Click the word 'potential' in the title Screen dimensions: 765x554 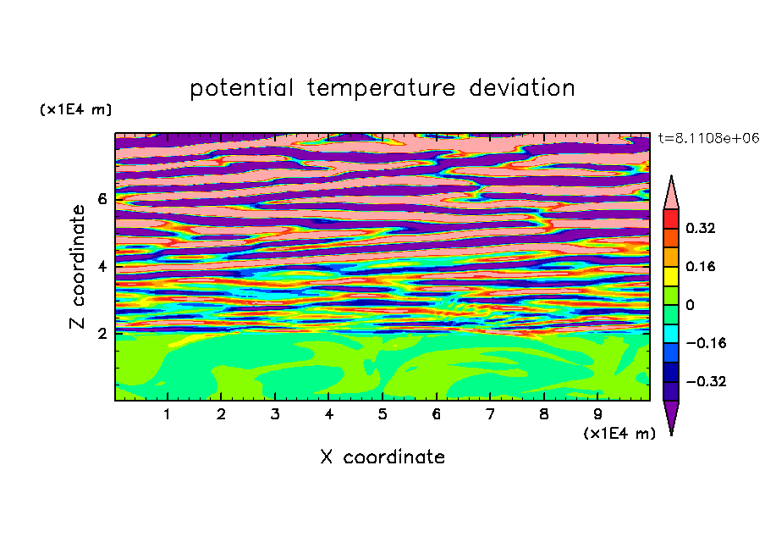click(x=241, y=88)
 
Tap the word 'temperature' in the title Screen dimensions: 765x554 click(x=381, y=88)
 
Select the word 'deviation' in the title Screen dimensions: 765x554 click(x=522, y=87)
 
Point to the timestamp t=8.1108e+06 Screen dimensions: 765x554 click(x=708, y=138)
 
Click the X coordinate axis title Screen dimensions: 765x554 click(x=382, y=457)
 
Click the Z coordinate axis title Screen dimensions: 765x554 click(x=77, y=266)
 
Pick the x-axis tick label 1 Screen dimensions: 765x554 click(x=167, y=414)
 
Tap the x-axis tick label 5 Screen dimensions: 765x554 click(x=382, y=414)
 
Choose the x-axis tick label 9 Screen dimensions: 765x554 click(x=597, y=414)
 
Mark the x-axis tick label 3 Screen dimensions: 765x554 click(x=275, y=414)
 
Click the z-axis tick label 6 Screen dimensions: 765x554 click(x=102, y=199)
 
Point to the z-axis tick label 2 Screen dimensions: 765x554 click(x=102, y=333)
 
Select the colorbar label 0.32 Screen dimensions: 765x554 click(x=700, y=228)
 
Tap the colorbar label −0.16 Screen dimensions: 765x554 click(x=706, y=343)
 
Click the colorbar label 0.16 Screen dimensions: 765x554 click(x=700, y=266)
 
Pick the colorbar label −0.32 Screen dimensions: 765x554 click(x=706, y=381)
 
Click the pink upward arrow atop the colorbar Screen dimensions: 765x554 click(x=671, y=195)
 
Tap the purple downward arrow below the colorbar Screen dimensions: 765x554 click(x=671, y=415)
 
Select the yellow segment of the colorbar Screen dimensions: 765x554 click(x=671, y=276)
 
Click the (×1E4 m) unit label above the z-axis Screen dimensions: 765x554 click(x=75, y=109)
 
